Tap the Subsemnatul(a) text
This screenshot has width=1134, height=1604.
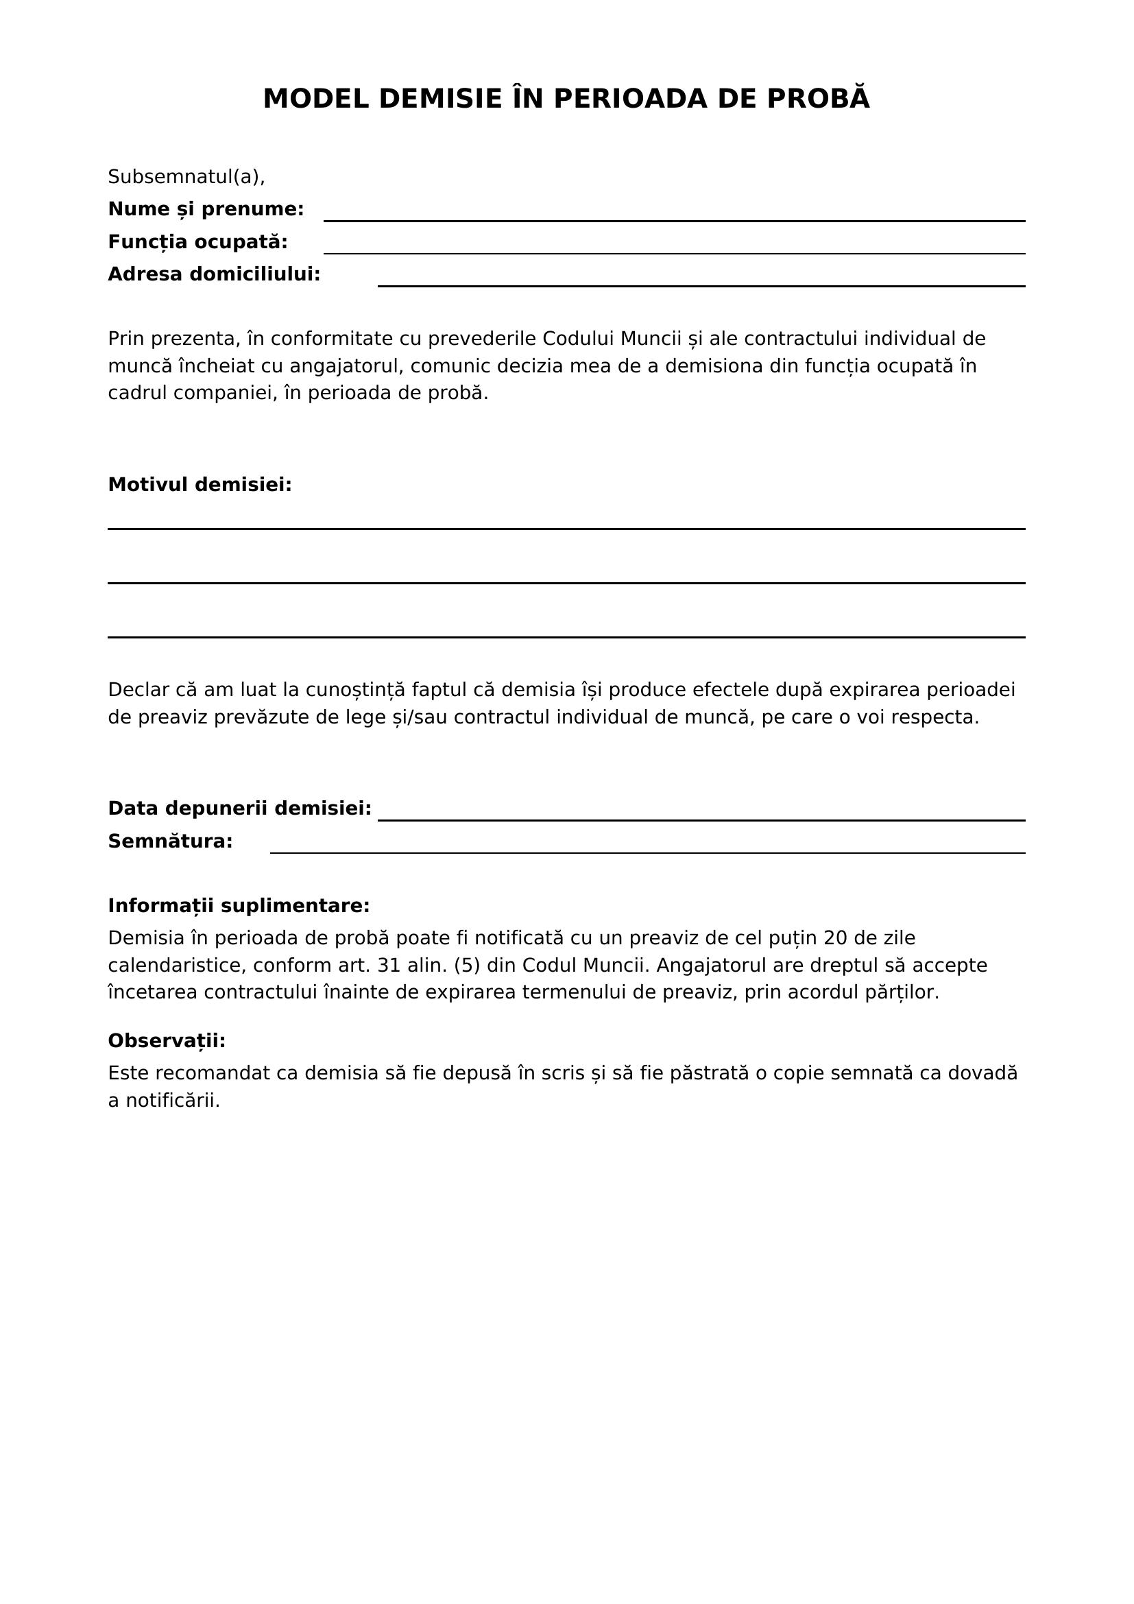tap(186, 177)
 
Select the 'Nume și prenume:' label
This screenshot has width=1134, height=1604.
tap(206, 209)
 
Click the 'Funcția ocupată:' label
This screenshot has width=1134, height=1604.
tap(197, 241)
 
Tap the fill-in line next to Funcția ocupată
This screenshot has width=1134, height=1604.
tap(674, 252)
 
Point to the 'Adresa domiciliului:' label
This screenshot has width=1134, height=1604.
tap(214, 274)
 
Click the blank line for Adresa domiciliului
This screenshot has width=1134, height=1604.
tap(701, 285)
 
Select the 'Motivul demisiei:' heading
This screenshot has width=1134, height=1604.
tap(200, 484)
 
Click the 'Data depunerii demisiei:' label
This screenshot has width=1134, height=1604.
tap(239, 809)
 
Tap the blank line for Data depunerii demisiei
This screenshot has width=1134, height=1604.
tap(701, 819)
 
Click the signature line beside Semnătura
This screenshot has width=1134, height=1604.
tap(647, 852)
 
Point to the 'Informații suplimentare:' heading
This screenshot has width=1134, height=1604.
tap(239, 906)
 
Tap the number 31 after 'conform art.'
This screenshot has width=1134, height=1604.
tap(389, 966)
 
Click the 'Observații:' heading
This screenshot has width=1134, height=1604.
tap(167, 1041)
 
